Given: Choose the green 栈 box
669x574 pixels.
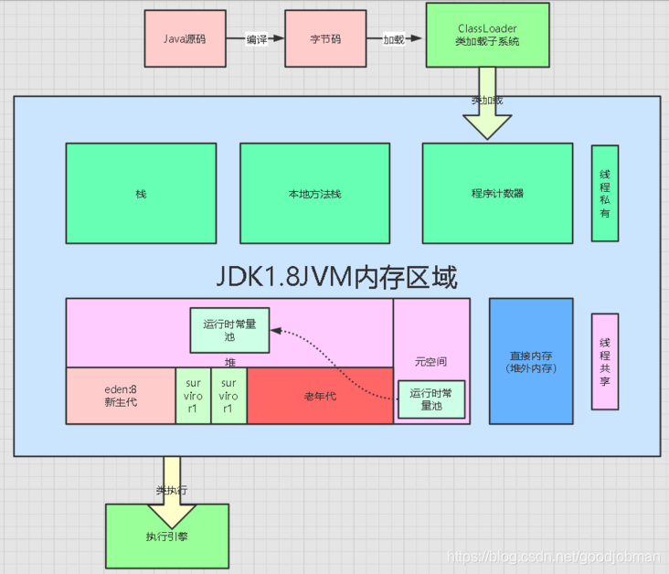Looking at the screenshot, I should click(141, 194).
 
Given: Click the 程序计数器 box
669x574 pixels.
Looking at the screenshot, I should click(497, 194).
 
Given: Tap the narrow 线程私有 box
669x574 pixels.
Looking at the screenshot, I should click(605, 193).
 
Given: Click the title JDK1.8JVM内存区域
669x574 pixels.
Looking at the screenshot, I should click(335, 275).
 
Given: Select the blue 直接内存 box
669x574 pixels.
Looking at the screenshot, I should click(531, 361).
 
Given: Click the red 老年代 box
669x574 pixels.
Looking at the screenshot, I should click(320, 396).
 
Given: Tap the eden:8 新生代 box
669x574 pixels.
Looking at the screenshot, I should click(121, 396).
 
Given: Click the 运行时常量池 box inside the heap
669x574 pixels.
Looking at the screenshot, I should click(229, 330).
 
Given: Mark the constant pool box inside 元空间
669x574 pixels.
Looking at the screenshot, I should click(431, 399).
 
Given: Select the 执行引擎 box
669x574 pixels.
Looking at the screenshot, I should click(167, 536).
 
